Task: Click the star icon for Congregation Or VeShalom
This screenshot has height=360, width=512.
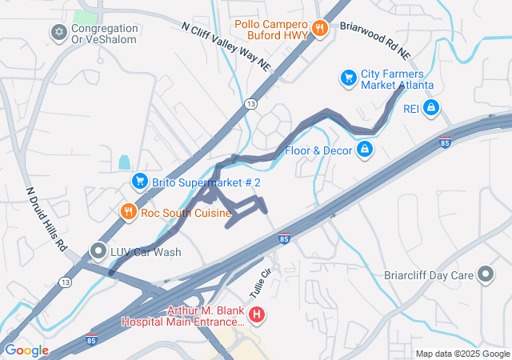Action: point(58,34)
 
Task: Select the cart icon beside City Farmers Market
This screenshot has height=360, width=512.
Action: point(348,78)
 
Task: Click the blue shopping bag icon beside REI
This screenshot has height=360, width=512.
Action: point(431,107)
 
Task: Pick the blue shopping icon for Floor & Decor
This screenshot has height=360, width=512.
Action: point(364,150)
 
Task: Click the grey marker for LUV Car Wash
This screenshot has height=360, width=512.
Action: point(98,251)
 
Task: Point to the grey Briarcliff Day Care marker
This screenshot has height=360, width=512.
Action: point(486,274)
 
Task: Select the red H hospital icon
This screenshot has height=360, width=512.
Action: point(256,314)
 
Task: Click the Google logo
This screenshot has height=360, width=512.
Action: point(26,350)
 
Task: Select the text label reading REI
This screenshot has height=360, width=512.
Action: point(410,107)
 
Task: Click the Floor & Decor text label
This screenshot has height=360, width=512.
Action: point(318,150)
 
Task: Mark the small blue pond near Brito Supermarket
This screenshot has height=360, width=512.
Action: point(124,162)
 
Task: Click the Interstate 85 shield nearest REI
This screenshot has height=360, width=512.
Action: point(445,142)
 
